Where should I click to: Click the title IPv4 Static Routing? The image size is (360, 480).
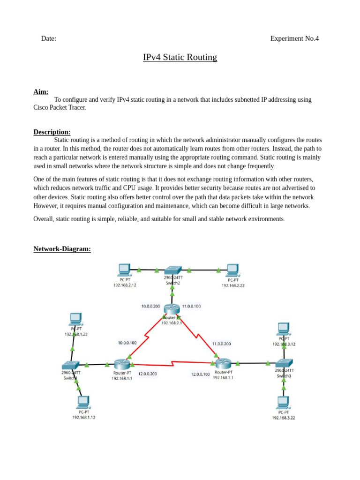[x=180, y=57]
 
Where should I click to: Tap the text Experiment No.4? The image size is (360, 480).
[x=294, y=38]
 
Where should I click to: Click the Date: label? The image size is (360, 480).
[x=49, y=38]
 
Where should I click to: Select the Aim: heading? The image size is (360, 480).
[x=41, y=92]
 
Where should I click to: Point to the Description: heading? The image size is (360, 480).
[x=52, y=132]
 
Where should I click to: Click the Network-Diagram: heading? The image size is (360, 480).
[x=62, y=249]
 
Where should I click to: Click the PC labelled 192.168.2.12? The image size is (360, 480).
[x=124, y=270]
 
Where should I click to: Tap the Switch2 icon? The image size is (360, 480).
[x=172, y=270]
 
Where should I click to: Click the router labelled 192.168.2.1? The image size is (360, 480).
[x=172, y=309]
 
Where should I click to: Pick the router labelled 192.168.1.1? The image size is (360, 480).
[x=122, y=364]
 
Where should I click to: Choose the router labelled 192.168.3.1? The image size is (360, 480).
[x=223, y=363]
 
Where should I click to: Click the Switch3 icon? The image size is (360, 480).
[x=284, y=363]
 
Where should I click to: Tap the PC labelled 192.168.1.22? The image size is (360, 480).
[x=75, y=319]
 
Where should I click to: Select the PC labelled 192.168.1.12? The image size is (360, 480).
[x=83, y=402]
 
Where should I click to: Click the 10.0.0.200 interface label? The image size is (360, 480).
[x=150, y=307]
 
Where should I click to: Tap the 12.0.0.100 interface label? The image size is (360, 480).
[x=200, y=375]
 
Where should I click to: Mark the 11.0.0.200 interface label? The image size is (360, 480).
[x=221, y=344]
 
